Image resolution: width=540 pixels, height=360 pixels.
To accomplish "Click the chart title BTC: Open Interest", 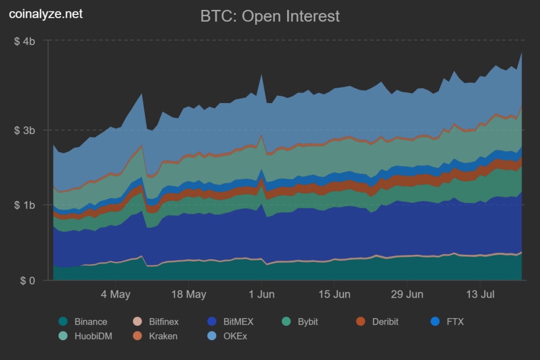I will pos(270,16).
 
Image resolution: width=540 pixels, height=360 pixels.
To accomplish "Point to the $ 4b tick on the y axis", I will pos(25,41).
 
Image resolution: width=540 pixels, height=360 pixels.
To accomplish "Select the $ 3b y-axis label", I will pos(25,131).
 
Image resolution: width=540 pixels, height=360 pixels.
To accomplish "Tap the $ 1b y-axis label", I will pos(25,205).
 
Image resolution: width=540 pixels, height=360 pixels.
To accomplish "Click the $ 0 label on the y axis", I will pos(28,281).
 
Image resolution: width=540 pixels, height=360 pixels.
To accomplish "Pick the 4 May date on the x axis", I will pos(116,294).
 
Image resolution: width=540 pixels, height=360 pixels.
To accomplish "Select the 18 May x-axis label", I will pos(188,294).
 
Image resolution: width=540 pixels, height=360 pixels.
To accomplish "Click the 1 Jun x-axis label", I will pos(261,294).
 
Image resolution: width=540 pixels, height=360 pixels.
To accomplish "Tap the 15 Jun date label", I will pos(334,294).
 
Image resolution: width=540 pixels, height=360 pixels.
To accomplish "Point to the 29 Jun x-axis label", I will pos(407,294).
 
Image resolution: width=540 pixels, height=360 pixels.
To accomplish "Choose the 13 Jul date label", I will pos(479,294).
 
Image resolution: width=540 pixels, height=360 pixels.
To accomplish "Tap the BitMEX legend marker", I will pos(212,322).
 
